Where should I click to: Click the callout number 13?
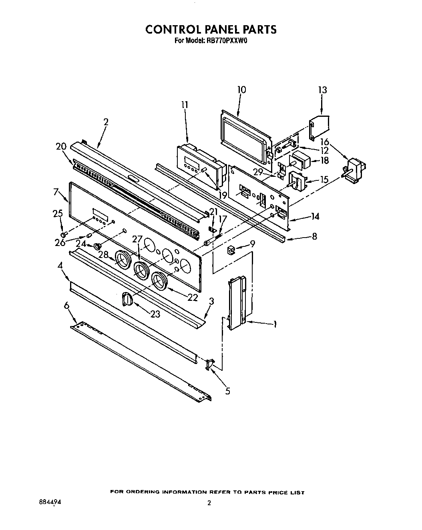coord(322,90)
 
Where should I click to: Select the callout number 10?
coord(241,90)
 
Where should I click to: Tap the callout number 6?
coord(67,306)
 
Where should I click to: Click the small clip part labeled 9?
coord(231,250)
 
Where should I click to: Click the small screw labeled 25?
coord(63,234)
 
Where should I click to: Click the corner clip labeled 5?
coord(209,364)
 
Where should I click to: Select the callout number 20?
coord(61,147)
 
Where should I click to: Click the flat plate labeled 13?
coord(320,124)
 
